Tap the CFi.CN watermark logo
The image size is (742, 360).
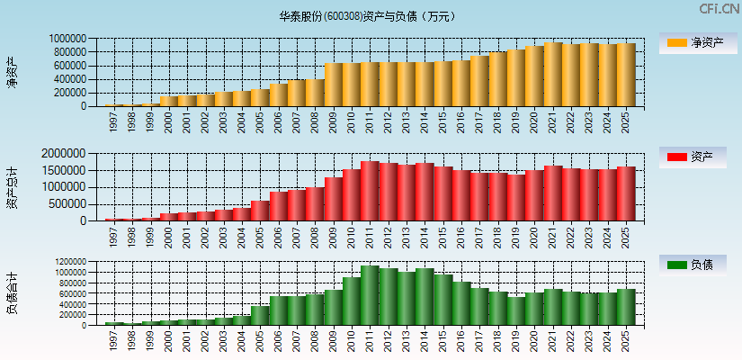(x=720, y=9)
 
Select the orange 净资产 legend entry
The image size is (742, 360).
(x=696, y=42)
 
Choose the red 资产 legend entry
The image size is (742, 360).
(x=696, y=157)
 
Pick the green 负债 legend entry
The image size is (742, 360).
(x=696, y=265)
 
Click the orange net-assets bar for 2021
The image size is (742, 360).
(x=553, y=75)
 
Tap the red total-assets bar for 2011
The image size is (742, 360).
(x=370, y=192)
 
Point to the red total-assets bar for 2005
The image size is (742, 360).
(x=260, y=211)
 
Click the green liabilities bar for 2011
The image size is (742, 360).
(x=370, y=295)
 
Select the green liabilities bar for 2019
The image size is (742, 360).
(x=516, y=310)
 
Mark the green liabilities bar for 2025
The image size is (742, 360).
(x=626, y=307)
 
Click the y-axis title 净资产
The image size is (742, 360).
(x=12, y=72)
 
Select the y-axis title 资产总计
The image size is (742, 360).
(x=12, y=187)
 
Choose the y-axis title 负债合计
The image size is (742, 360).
(x=12, y=293)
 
